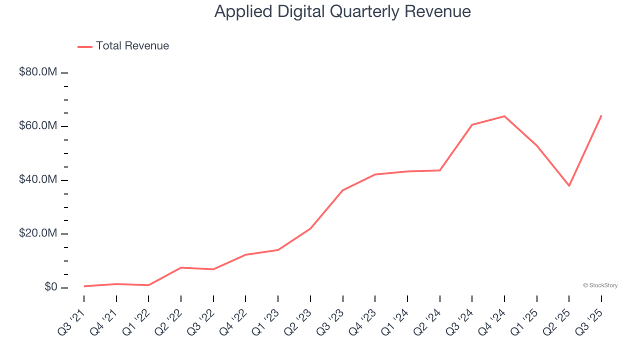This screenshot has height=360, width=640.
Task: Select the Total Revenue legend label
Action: click(132, 46)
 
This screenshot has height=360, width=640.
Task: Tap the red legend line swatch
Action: click(85, 46)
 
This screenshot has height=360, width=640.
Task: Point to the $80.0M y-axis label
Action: click(38, 72)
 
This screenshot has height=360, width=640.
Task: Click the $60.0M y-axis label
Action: click(38, 126)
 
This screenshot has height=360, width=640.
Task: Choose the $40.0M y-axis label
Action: click(38, 180)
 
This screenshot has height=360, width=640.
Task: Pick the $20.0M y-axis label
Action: click(38, 234)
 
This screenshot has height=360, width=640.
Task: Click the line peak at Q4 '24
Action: click(504, 116)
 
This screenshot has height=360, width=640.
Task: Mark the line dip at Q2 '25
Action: click(569, 185)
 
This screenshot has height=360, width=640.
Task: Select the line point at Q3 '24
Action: click(472, 124)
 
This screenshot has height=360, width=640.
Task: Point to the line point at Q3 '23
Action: click(342, 190)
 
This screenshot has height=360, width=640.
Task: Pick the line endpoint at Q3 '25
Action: click(601, 115)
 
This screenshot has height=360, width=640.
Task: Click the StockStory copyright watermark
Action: click(600, 285)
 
